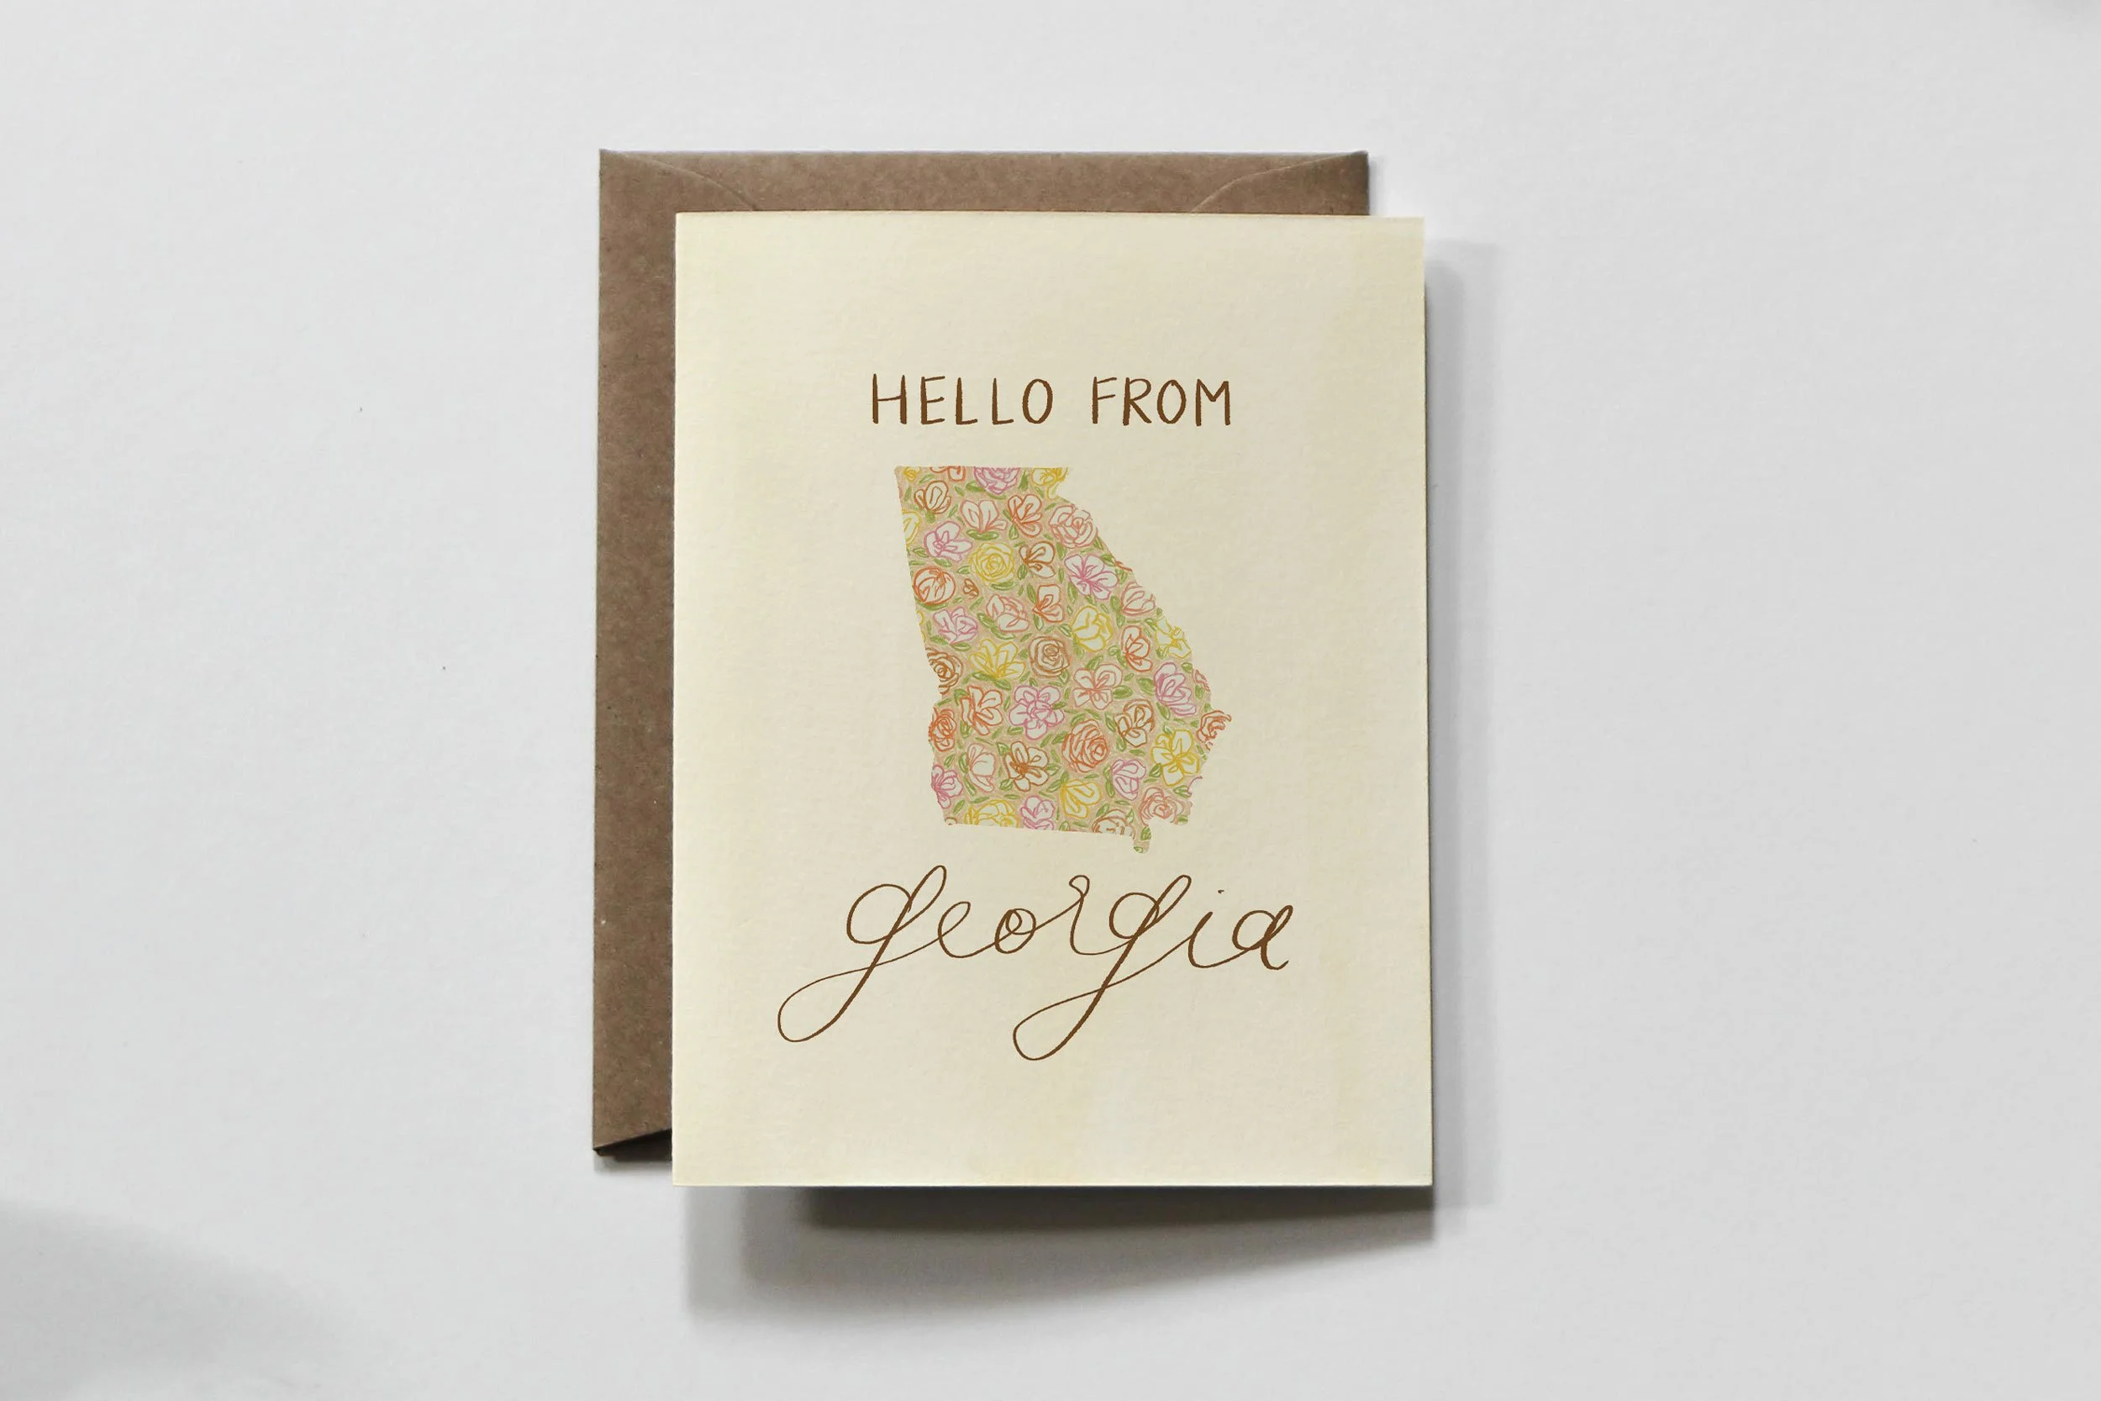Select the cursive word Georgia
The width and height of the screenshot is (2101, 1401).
click(1036, 956)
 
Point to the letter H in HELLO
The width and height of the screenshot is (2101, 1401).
click(889, 401)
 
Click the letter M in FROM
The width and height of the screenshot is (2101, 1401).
click(1211, 403)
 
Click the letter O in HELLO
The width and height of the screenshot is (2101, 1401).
click(1037, 402)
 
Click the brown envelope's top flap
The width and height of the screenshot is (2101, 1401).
click(982, 183)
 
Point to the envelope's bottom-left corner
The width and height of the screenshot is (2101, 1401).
click(597, 1150)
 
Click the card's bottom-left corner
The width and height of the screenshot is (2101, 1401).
click(677, 1184)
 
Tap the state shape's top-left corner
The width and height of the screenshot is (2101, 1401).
click(897, 470)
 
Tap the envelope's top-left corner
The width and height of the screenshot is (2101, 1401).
click(603, 155)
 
